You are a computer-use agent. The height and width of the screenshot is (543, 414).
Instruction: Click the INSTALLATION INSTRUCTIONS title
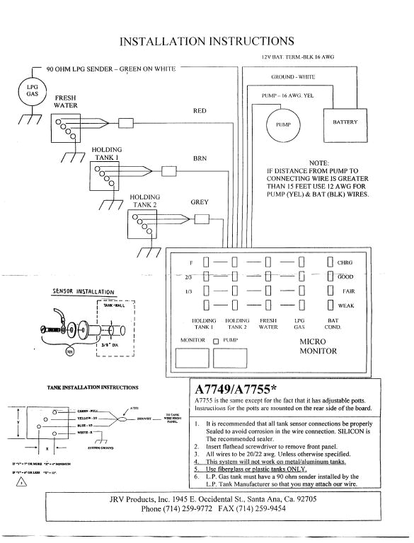[x=207, y=41]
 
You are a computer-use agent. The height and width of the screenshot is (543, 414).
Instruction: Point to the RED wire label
[x=200, y=111]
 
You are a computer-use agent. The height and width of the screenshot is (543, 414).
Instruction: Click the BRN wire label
[x=200, y=158]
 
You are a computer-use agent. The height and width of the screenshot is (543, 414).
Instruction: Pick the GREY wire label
[x=200, y=202]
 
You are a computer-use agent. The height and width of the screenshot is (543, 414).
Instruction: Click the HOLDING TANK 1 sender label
[x=106, y=153]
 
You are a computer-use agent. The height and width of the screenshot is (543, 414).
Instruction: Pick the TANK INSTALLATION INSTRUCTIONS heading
[x=93, y=387]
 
